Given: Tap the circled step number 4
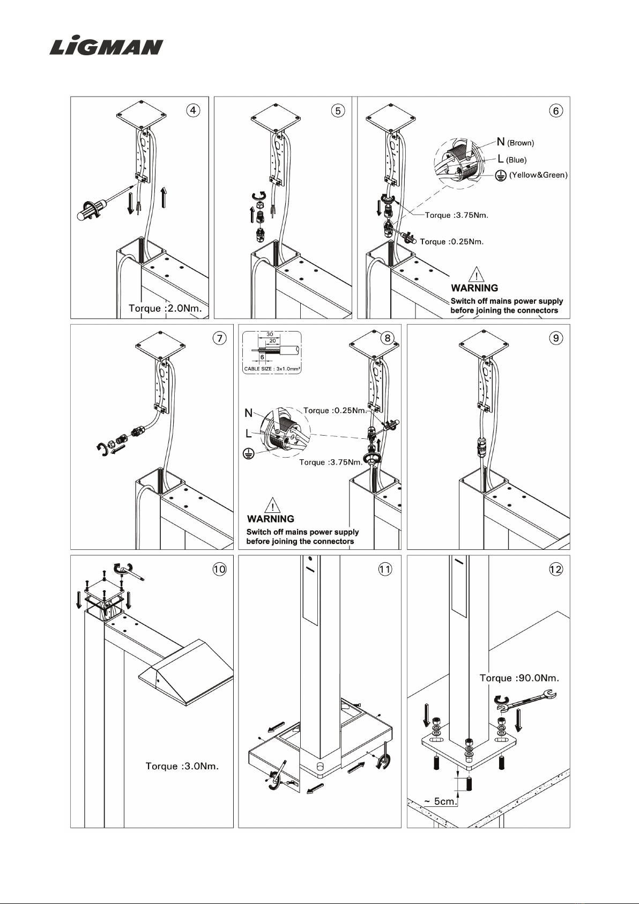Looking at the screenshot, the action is click(193, 110).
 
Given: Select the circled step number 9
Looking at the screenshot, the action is click(556, 338).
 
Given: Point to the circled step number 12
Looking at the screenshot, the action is click(556, 569).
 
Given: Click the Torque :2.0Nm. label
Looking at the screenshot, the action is click(165, 308).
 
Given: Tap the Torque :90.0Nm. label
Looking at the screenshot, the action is click(519, 678).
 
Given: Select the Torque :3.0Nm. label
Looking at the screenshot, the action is click(182, 766).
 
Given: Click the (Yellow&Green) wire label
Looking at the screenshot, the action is click(538, 175).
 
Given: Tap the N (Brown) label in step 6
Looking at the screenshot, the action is click(515, 142).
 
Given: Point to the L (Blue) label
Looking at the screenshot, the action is click(512, 159).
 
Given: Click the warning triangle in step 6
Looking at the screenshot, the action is click(477, 275).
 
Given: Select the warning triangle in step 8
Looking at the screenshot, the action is click(272, 505).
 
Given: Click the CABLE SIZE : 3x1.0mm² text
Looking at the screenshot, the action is click(272, 369).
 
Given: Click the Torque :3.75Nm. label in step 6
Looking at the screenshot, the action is click(456, 215).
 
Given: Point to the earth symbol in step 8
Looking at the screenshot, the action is click(248, 454).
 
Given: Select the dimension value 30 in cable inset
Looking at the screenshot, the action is click(270, 334).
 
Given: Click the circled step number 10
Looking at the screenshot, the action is click(219, 569).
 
